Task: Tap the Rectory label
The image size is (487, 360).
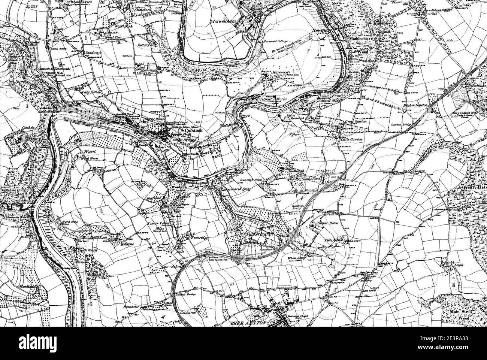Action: pyautogui.click(x=143, y=45)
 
